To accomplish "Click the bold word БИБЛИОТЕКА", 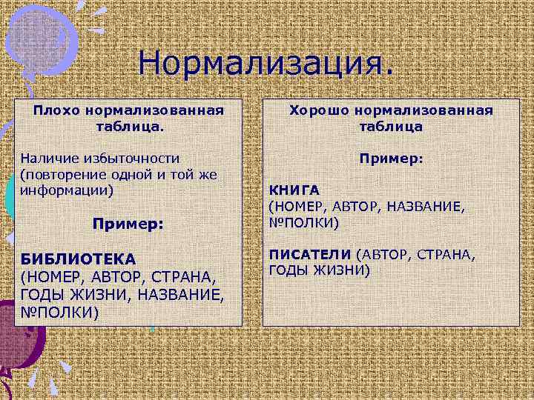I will point(78,259).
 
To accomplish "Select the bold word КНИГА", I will point(294,190).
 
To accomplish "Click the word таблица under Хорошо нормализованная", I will point(391,127).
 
